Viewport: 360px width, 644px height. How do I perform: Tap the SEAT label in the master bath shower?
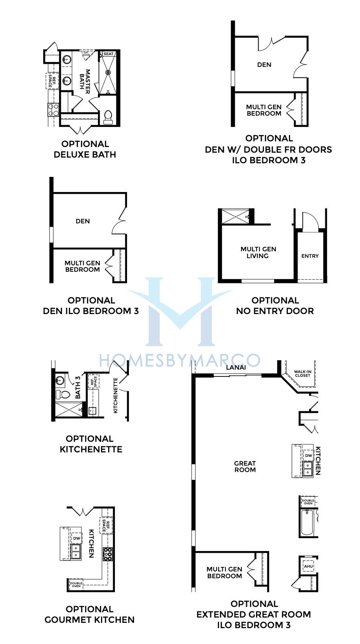(x=109, y=54)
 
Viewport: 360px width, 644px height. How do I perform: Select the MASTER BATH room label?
(x=85, y=82)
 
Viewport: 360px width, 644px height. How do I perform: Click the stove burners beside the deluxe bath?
(x=54, y=110)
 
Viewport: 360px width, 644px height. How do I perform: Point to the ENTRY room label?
(x=310, y=256)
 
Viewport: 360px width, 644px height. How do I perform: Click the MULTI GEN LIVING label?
(x=258, y=252)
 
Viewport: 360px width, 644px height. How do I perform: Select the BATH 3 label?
(x=78, y=387)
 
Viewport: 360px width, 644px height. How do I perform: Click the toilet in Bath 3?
(x=62, y=395)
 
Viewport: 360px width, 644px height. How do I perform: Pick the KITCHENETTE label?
(x=115, y=395)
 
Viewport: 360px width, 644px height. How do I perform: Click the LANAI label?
(x=236, y=367)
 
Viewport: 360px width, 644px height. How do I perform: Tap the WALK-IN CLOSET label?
(x=303, y=373)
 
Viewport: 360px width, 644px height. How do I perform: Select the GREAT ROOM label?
(x=245, y=467)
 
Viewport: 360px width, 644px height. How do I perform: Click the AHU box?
(x=309, y=566)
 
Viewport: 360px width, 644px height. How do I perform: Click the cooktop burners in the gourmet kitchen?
(x=108, y=554)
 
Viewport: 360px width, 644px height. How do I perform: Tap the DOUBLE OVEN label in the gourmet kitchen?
(x=76, y=585)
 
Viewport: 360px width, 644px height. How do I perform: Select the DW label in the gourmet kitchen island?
(x=76, y=538)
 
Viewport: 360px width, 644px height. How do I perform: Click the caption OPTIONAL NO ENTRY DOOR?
(x=275, y=306)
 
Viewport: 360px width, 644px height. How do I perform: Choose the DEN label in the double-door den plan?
(x=264, y=65)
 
